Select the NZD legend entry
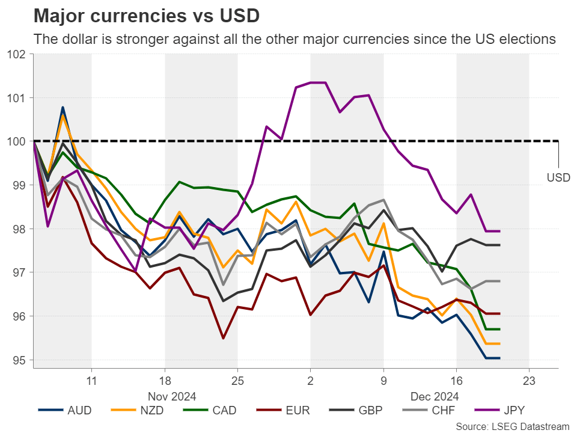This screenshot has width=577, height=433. pyautogui.click(x=138, y=411)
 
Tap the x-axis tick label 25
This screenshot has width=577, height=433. pyautogui.click(x=237, y=380)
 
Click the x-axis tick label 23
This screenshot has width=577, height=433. pyautogui.click(x=529, y=380)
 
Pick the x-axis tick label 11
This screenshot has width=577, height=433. pyautogui.click(x=91, y=380)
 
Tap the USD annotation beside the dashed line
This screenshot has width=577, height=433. pyautogui.click(x=558, y=178)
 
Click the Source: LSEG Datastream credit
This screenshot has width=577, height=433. pyautogui.click(x=512, y=426)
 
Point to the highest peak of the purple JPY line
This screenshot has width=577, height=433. pyautogui.click(x=319, y=82)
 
